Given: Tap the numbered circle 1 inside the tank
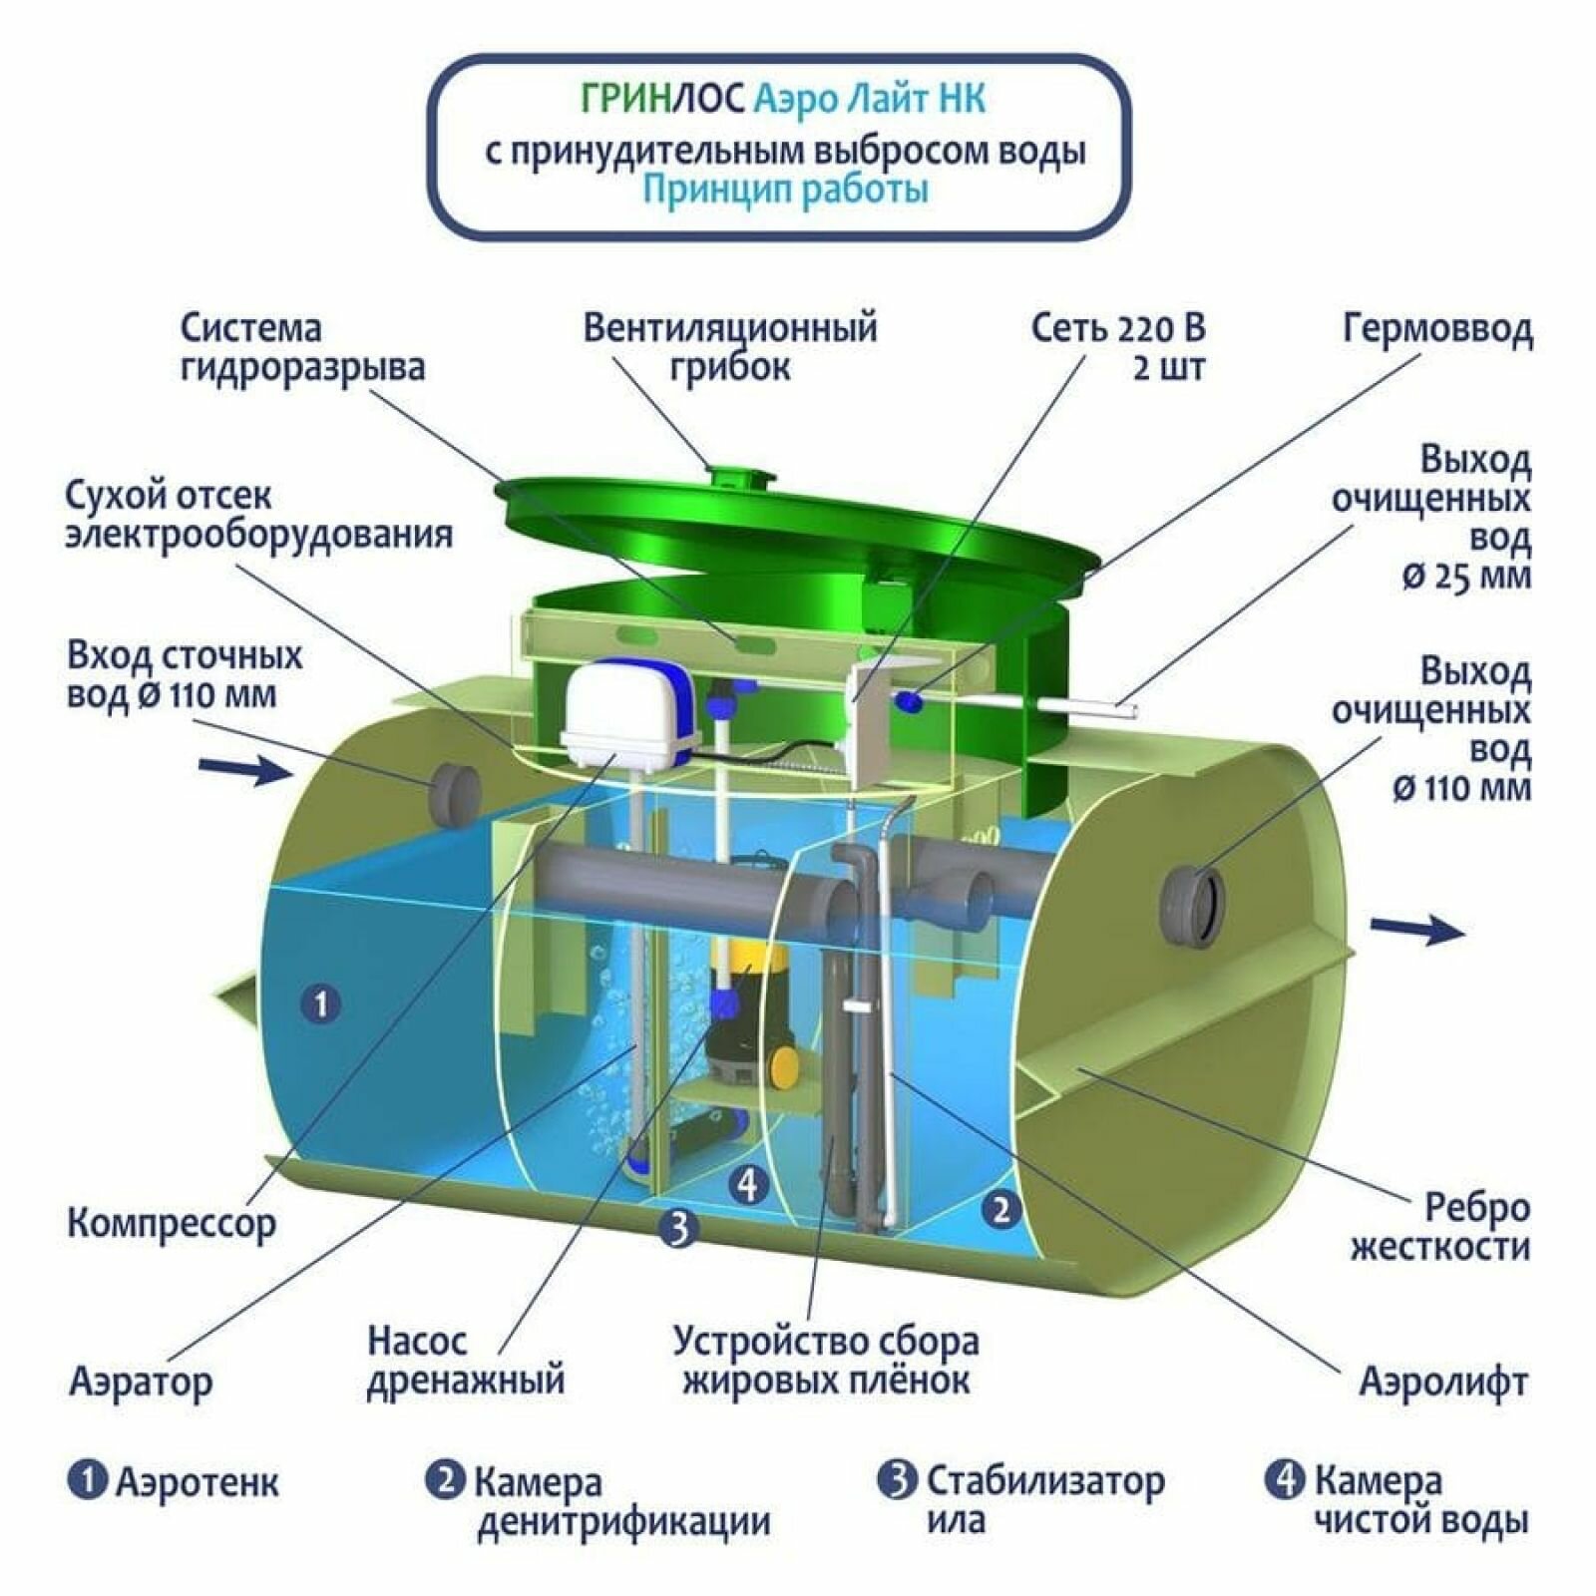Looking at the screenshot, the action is (321, 1002).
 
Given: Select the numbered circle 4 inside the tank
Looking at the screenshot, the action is (748, 1184).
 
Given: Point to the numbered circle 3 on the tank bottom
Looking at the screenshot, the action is (677, 1227).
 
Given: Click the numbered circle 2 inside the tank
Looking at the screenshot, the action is (1000, 1210).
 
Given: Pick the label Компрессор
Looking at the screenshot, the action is (172, 1223).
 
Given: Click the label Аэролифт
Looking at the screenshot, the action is (1443, 1383).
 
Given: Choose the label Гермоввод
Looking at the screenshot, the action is (1437, 329).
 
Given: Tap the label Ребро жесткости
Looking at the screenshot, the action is (1441, 1227).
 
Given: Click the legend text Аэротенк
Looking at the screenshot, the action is (198, 1482).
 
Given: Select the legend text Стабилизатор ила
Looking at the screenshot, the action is (1044, 1500).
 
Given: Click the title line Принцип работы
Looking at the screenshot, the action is (785, 190).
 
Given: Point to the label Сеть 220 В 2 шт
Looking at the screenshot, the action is (1118, 347).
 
